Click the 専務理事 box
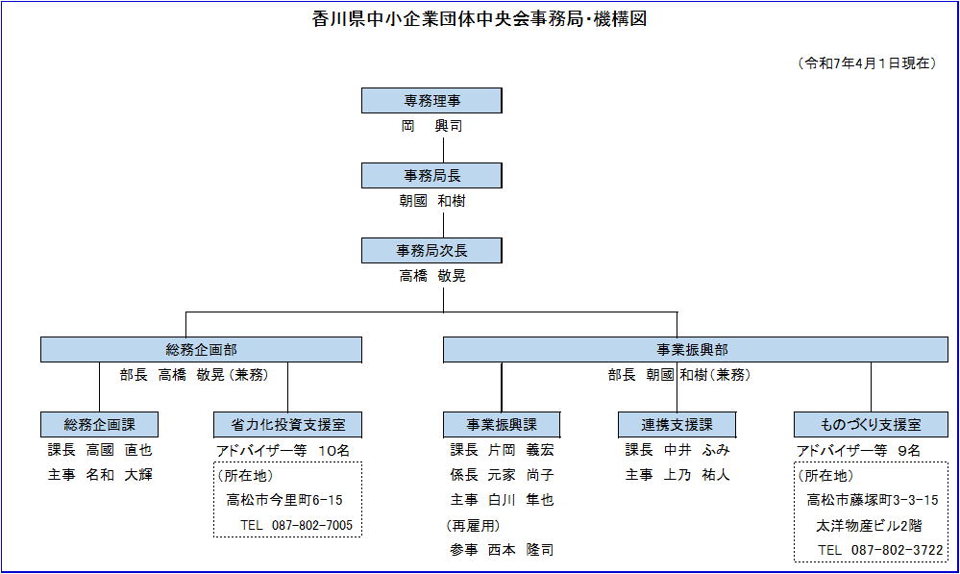[x=431, y=100]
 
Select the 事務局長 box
[x=431, y=176]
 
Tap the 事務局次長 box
[x=431, y=251]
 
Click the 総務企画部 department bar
[x=201, y=350]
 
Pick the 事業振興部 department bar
[x=696, y=350]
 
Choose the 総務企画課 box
[x=99, y=425]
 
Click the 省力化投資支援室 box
[x=287, y=425]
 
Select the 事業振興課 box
[x=502, y=425]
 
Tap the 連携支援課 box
[x=677, y=425]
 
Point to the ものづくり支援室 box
[x=871, y=425]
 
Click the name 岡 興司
[x=431, y=126]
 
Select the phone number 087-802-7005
[x=312, y=525]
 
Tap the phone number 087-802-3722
[x=897, y=550]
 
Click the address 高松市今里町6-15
[x=284, y=500]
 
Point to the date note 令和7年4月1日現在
[x=867, y=63]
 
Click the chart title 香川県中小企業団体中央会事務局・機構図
[x=480, y=19]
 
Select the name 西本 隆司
[x=521, y=550]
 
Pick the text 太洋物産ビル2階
[x=869, y=526]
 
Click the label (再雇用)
[x=473, y=526]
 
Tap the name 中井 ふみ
[x=696, y=450]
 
